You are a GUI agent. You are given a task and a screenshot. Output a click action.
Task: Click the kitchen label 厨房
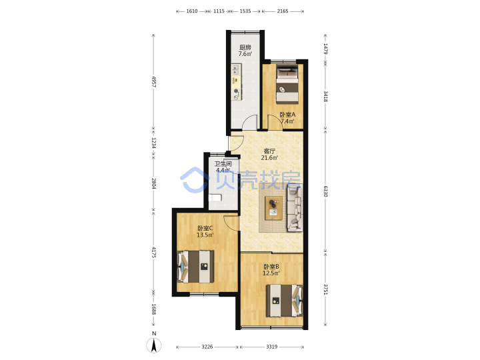pos(245,47)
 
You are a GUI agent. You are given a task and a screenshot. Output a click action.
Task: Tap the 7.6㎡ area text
pos(245,54)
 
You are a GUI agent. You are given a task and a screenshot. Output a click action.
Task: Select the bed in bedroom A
pos(287,83)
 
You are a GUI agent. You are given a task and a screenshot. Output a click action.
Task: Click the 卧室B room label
pos(271,266)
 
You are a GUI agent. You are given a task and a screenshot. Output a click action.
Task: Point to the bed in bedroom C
pos(195,267)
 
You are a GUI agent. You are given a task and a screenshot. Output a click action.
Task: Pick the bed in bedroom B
pos(285,301)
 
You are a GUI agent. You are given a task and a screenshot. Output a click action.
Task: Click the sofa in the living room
pos(295,209)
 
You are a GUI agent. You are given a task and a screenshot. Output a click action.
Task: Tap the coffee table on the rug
pos(274,208)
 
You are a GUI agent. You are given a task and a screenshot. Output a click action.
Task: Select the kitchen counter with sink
pos(236,82)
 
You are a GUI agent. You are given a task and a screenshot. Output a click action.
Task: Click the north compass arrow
pos(154,345)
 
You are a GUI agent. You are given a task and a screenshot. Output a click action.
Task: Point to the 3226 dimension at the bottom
pos(207,347)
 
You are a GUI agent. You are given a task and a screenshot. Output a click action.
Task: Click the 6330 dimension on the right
pos(325,191)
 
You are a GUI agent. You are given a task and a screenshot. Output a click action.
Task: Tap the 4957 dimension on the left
pos(154,82)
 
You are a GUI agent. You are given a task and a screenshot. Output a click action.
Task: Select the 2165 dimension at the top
pos(283,11)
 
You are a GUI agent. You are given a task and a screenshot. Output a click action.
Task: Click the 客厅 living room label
pos(269,151)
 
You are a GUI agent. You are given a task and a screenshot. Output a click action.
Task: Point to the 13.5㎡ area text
pos(205,235)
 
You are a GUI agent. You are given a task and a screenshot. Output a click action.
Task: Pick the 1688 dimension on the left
pos(154,309)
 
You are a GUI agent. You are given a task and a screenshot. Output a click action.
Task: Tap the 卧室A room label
pos(287,115)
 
